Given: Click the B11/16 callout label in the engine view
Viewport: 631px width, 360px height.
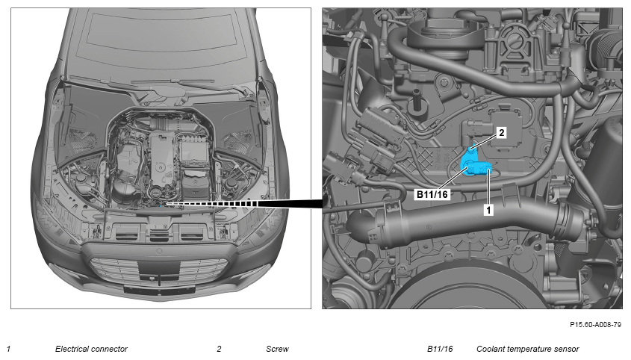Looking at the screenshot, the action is pyautogui.click(x=432, y=194).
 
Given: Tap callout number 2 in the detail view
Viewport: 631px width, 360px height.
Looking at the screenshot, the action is pyautogui.click(x=501, y=132).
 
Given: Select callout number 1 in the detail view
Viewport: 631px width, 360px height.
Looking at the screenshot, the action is pyautogui.click(x=488, y=210).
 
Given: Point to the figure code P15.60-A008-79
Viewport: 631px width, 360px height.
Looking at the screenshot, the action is pyautogui.click(x=595, y=325).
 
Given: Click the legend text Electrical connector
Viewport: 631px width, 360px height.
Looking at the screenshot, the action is pyautogui.click(x=91, y=349).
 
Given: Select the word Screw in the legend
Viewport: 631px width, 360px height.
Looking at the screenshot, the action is pyautogui.click(x=277, y=349).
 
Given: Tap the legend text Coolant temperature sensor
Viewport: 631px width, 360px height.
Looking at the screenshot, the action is pyautogui.click(x=528, y=349).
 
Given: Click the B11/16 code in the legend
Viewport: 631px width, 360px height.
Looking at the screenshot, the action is pyautogui.click(x=440, y=349).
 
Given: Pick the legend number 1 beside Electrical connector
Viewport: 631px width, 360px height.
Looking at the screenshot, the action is pyautogui.click(x=8, y=349).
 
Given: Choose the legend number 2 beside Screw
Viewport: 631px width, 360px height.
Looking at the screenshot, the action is pyautogui.click(x=219, y=349).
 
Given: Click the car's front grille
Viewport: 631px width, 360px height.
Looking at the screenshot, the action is pyautogui.click(x=159, y=269).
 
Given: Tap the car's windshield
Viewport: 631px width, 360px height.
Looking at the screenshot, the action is pyautogui.click(x=159, y=44).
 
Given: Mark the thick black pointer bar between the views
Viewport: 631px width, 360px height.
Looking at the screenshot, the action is pyautogui.click(x=290, y=204).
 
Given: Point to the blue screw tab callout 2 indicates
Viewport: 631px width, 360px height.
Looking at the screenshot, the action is pyautogui.click(x=472, y=153).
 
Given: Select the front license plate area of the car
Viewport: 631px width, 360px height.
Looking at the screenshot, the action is pyautogui.click(x=159, y=289).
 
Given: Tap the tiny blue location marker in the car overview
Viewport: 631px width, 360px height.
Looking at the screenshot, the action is pyautogui.click(x=161, y=205).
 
